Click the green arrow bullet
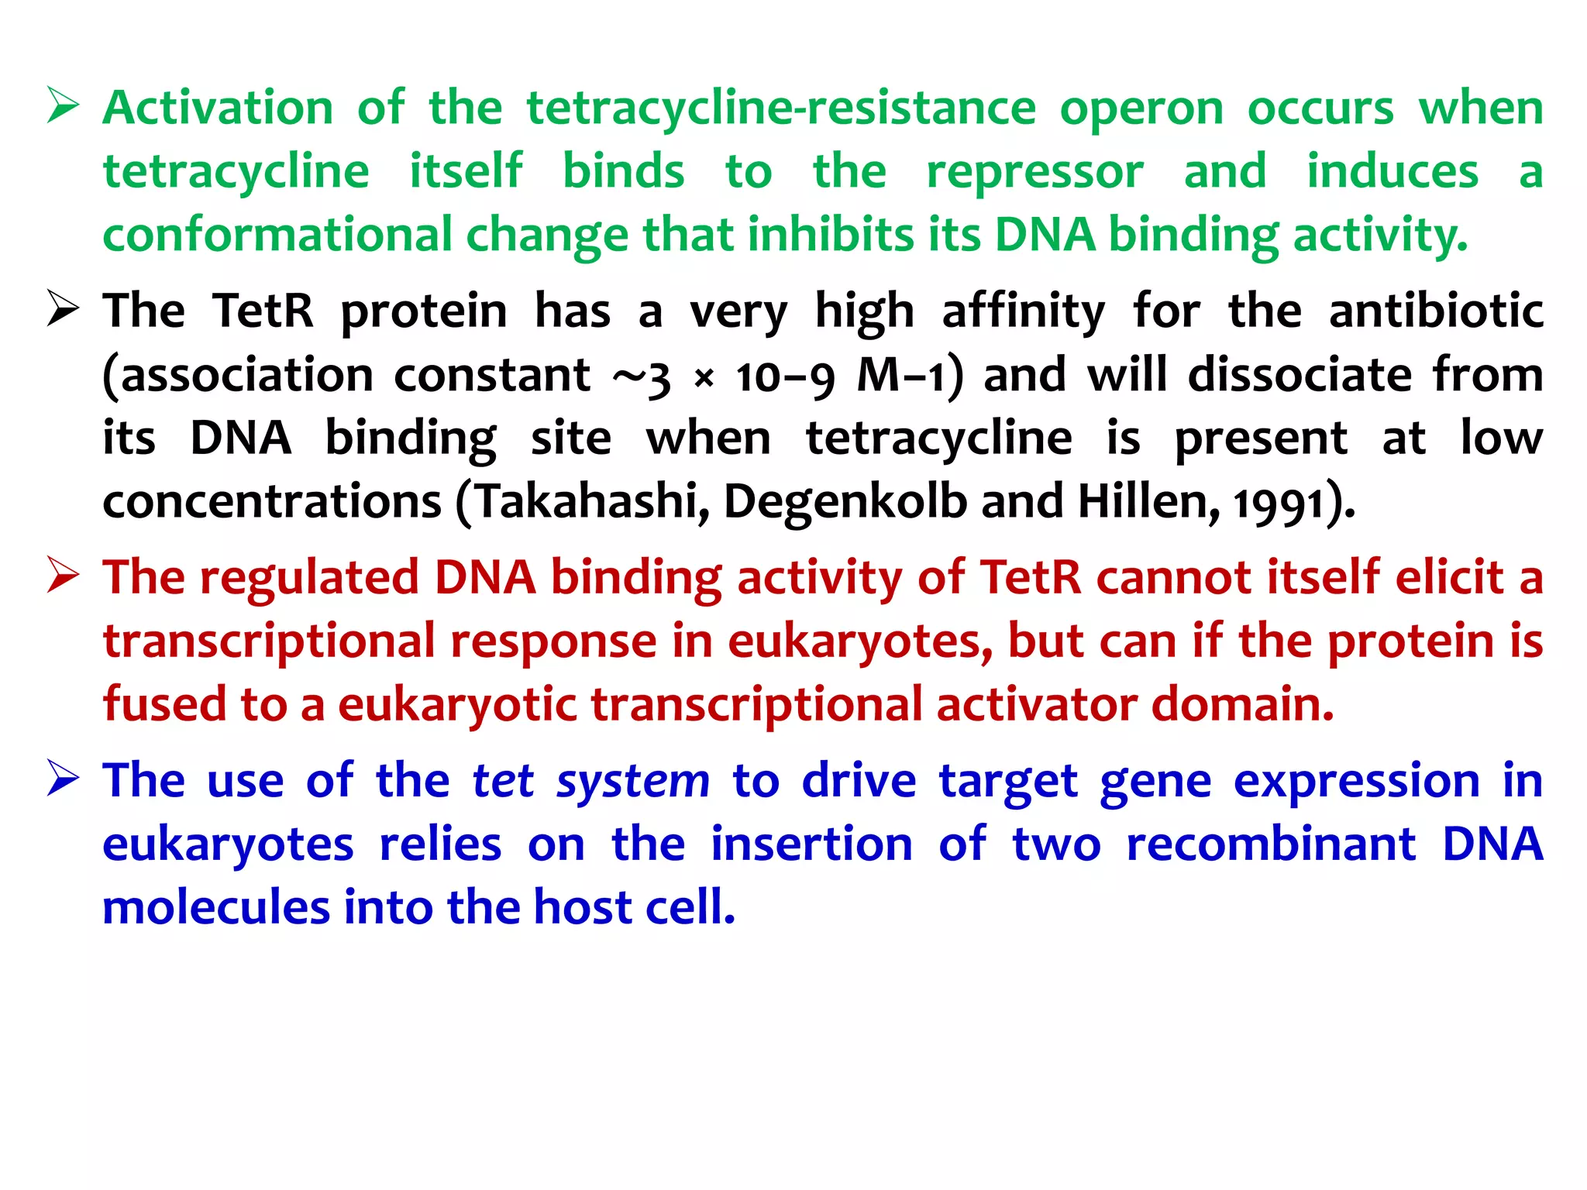[x=63, y=106]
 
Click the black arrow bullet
[x=63, y=309]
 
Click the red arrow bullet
[x=63, y=576]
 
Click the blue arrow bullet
[x=63, y=779]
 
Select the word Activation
[x=218, y=108]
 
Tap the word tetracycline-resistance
[x=780, y=109]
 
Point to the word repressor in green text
[x=1034, y=173]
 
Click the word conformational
[x=277, y=235]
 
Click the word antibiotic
[x=1436, y=311]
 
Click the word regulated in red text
[x=309, y=579]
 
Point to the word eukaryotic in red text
[x=457, y=706]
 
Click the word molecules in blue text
[x=216, y=907]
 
